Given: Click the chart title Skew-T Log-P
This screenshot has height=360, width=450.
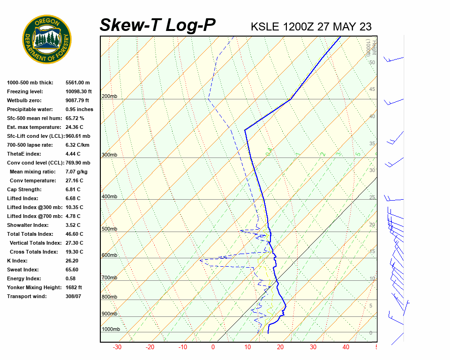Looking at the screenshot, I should [x=157, y=25].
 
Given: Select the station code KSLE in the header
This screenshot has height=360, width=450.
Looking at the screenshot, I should [x=266, y=26].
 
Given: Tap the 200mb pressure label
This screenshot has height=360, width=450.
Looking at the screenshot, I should [x=109, y=97].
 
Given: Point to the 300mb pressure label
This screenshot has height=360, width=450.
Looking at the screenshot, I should [x=109, y=155].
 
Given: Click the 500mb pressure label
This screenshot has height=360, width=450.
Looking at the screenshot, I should [x=109, y=229].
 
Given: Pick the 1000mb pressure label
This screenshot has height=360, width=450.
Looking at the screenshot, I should [x=111, y=330].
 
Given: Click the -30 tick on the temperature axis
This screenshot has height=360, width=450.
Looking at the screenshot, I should [x=117, y=347].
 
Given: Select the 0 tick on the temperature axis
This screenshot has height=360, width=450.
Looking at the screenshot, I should [x=213, y=347].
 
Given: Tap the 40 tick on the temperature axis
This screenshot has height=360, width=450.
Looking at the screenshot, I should [x=346, y=347].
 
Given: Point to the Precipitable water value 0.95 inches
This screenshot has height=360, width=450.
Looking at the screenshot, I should [x=79, y=109].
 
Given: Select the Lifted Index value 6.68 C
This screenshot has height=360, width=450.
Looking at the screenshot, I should [x=74, y=198].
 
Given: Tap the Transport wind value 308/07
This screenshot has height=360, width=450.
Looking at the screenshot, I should [x=74, y=296].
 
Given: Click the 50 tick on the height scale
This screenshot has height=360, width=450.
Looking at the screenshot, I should [x=372, y=62].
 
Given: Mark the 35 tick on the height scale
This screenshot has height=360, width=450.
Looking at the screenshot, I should [x=372, y=143].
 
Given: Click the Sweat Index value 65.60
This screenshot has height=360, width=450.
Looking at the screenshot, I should [x=72, y=270].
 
